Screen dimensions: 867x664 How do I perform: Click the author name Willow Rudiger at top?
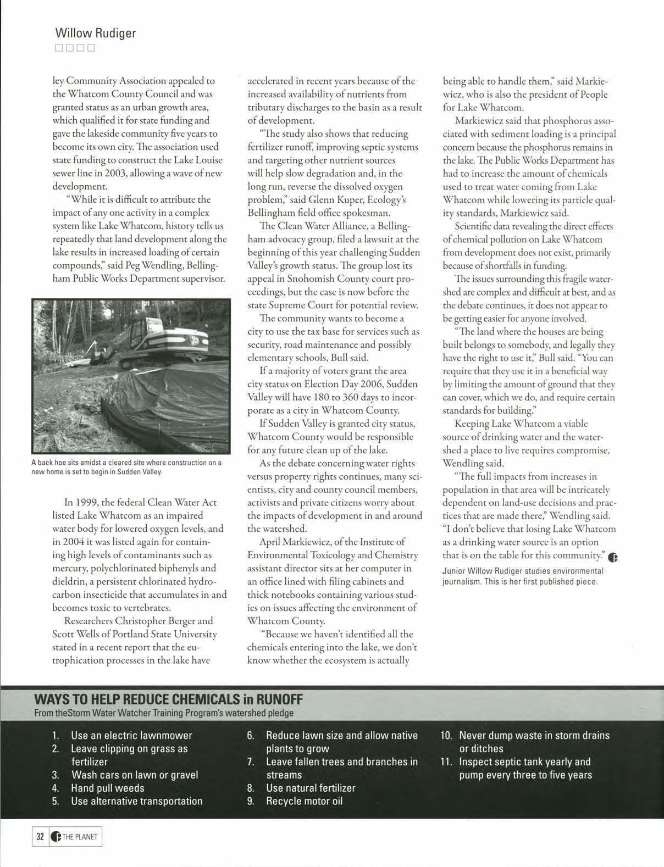coord(96,33)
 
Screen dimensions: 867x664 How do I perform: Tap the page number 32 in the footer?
coord(40,837)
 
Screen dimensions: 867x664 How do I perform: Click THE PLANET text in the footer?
coord(80,837)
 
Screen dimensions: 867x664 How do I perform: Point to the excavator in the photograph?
coord(165,335)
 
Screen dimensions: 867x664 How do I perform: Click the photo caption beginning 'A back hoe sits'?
coord(126,467)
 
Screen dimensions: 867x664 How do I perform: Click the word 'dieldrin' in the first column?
coord(69,581)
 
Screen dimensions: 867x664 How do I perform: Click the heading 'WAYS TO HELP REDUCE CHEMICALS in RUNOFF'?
coord(169,700)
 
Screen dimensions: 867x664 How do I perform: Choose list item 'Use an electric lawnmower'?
coord(131,735)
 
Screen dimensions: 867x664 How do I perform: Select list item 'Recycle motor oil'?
coord(304,801)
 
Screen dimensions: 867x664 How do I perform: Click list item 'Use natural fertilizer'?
coord(311,788)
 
